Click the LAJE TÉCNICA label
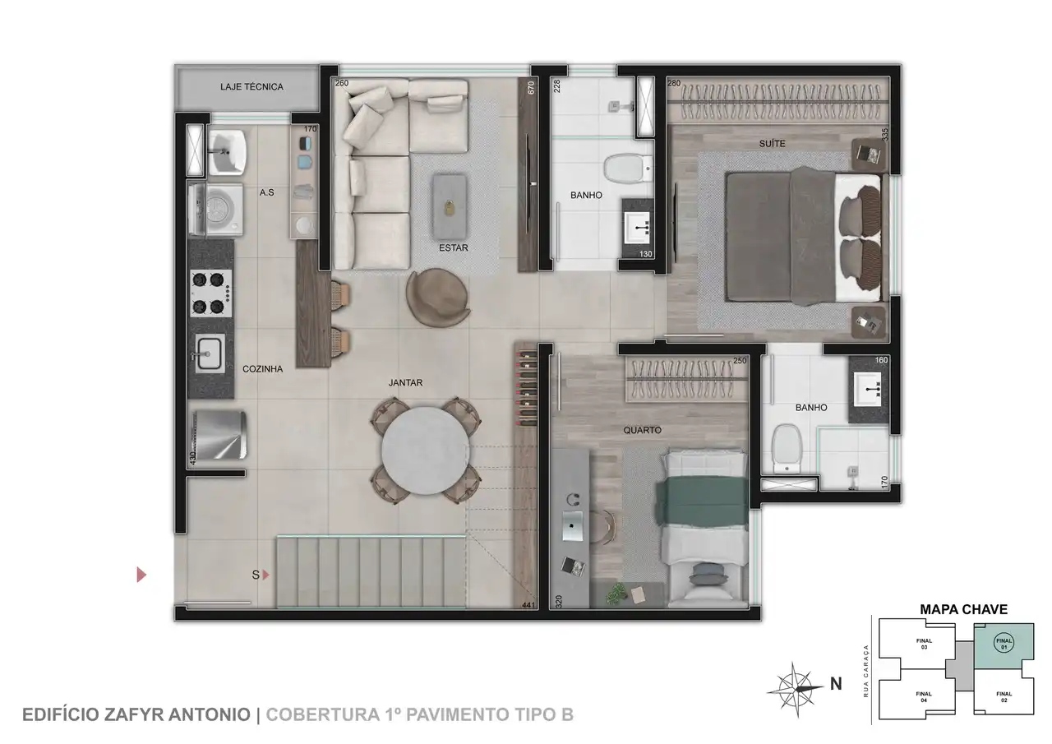[251, 87]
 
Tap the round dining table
[426, 451]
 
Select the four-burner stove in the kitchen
[211, 293]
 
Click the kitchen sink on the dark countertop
[210, 354]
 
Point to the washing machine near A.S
[216, 209]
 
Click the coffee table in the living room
[450, 206]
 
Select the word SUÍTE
[772, 144]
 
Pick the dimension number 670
[531, 88]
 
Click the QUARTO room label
[642, 430]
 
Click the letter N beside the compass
[836, 684]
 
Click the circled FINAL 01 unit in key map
[1004, 643]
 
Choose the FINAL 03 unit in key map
[924, 644]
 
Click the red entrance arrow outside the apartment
[141, 575]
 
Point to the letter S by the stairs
[256, 575]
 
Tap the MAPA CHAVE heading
[964, 610]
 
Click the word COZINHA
[262, 369]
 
